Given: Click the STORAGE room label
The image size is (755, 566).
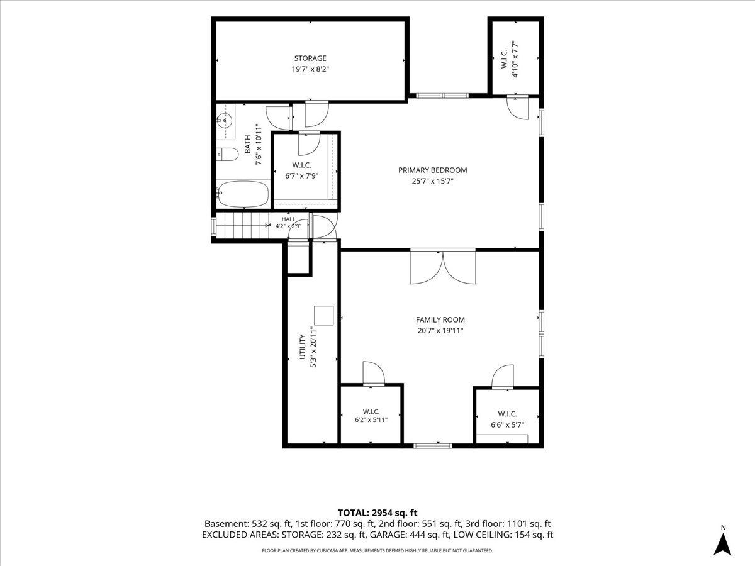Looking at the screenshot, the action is pyautogui.click(x=310, y=58).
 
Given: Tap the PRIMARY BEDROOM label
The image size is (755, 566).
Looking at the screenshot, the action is pyautogui.click(x=432, y=170).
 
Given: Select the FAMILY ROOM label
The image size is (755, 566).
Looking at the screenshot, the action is pyautogui.click(x=440, y=320).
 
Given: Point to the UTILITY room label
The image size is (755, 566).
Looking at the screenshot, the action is pyautogui.click(x=303, y=347).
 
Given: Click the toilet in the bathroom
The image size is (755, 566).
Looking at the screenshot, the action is pyautogui.click(x=228, y=154).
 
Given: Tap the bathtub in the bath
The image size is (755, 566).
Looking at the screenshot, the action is pyautogui.click(x=243, y=193).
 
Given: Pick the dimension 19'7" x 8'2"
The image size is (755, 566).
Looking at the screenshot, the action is pyautogui.click(x=310, y=69).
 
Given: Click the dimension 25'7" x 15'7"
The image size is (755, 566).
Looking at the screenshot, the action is pyautogui.click(x=432, y=181).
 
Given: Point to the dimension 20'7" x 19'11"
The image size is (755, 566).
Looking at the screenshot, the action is pyautogui.click(x=440, y=331).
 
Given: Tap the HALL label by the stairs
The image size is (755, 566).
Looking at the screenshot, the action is pyautogui.click(x=288, y=219).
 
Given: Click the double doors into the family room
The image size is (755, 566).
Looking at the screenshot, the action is pyautogui.click(x=443, y=267).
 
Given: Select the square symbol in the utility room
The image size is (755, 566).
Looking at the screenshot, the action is pyautogui.click(x=323, y=316).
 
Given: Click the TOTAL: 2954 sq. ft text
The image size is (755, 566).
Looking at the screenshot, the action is pyautogui.click(x=377, y=513).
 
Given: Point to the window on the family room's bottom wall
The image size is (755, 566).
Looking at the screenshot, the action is pyautogui.click(x=432, y=446).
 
